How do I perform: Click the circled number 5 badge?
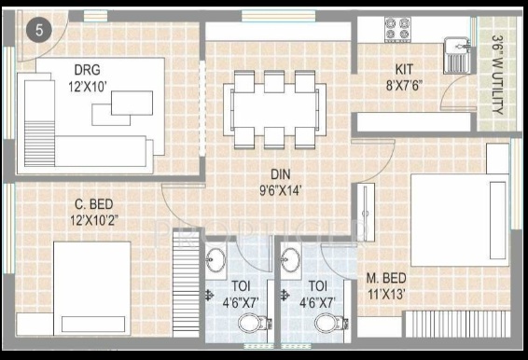pos(39,30)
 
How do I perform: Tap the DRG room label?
pos(87,70)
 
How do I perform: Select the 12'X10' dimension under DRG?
pos(88,87)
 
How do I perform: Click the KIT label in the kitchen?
pos(404,69)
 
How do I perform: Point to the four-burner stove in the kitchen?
pos(397,29)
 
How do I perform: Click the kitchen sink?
pos(458,55)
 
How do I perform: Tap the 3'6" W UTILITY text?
pos(497,75)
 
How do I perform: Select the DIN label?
pos(280,174)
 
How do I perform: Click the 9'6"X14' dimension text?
pos(280,191)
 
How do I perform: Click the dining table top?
pos(274,110)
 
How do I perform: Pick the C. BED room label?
pos(93,204)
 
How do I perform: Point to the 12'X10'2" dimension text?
pos(94,221)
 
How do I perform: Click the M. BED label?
pos(386,278)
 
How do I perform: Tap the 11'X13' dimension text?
pos(386,295)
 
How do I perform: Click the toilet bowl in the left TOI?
pos(253,323)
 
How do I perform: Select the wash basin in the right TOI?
pos(291,259)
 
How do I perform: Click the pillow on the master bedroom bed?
pos(498,220)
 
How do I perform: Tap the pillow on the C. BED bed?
pos(93,324)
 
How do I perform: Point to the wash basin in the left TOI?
pos(215,259)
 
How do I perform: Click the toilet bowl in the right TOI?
pos(330,323)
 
